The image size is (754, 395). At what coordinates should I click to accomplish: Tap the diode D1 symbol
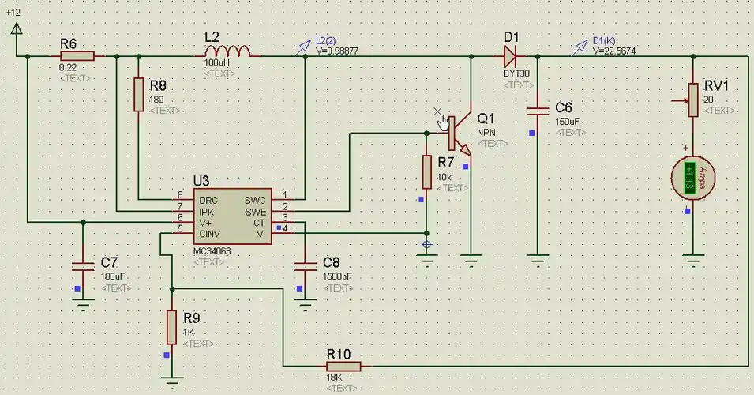(510, 55)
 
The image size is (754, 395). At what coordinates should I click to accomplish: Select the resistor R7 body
(426, 171)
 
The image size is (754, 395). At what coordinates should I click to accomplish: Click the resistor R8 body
(139, 95)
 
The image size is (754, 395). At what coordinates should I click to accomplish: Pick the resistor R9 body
(171, 326)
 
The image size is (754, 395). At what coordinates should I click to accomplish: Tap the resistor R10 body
(343, 366)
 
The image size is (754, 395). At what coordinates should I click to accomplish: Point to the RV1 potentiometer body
(692, 100)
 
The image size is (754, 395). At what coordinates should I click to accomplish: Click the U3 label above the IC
(202, 181)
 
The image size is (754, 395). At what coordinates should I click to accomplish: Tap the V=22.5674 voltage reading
(614, 51)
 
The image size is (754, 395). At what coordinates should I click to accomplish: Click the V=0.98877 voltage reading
(337, 50)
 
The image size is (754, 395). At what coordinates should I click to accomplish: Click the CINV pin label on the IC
(209, 234)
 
